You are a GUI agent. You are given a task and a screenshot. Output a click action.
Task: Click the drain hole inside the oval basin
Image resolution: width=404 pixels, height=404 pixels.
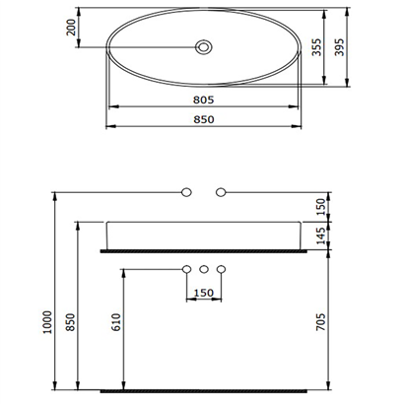click(204, 45)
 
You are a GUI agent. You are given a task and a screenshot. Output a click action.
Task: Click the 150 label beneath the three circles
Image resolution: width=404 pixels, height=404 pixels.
click(204, 293)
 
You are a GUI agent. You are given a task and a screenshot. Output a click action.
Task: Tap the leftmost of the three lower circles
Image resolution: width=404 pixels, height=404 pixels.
click(186, 269)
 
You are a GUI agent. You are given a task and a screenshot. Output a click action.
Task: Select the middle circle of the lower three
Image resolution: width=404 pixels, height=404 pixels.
click(204, 269)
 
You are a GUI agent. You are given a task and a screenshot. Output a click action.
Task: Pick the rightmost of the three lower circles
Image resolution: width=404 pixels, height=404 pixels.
click(222, 269)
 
